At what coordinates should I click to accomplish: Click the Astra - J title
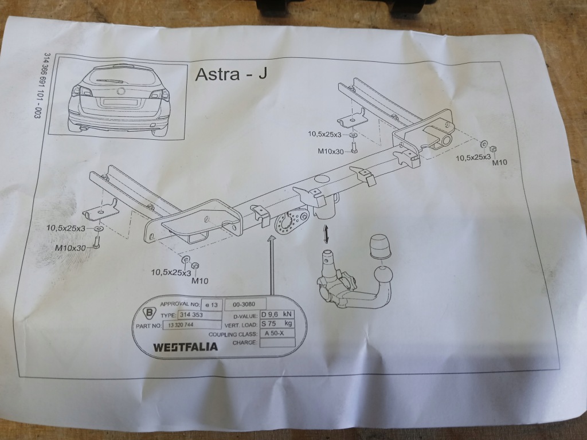point(231,74)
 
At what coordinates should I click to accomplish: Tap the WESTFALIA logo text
point(185,347)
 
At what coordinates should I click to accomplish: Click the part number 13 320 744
point(181,325)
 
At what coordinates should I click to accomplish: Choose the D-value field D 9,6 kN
point(277,315)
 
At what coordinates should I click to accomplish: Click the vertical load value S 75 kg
point(277,324)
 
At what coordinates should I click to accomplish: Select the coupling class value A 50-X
point(276,333)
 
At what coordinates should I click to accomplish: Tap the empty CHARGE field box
point(277,343)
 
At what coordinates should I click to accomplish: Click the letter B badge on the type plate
point(150,313)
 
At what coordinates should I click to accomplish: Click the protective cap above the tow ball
point(381,246)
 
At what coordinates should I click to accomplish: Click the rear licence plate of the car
point(120,101)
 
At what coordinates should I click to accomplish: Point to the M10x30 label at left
point(71,247)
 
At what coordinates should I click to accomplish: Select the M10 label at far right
point(499,162)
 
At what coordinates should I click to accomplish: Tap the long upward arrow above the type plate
point(271,266)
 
